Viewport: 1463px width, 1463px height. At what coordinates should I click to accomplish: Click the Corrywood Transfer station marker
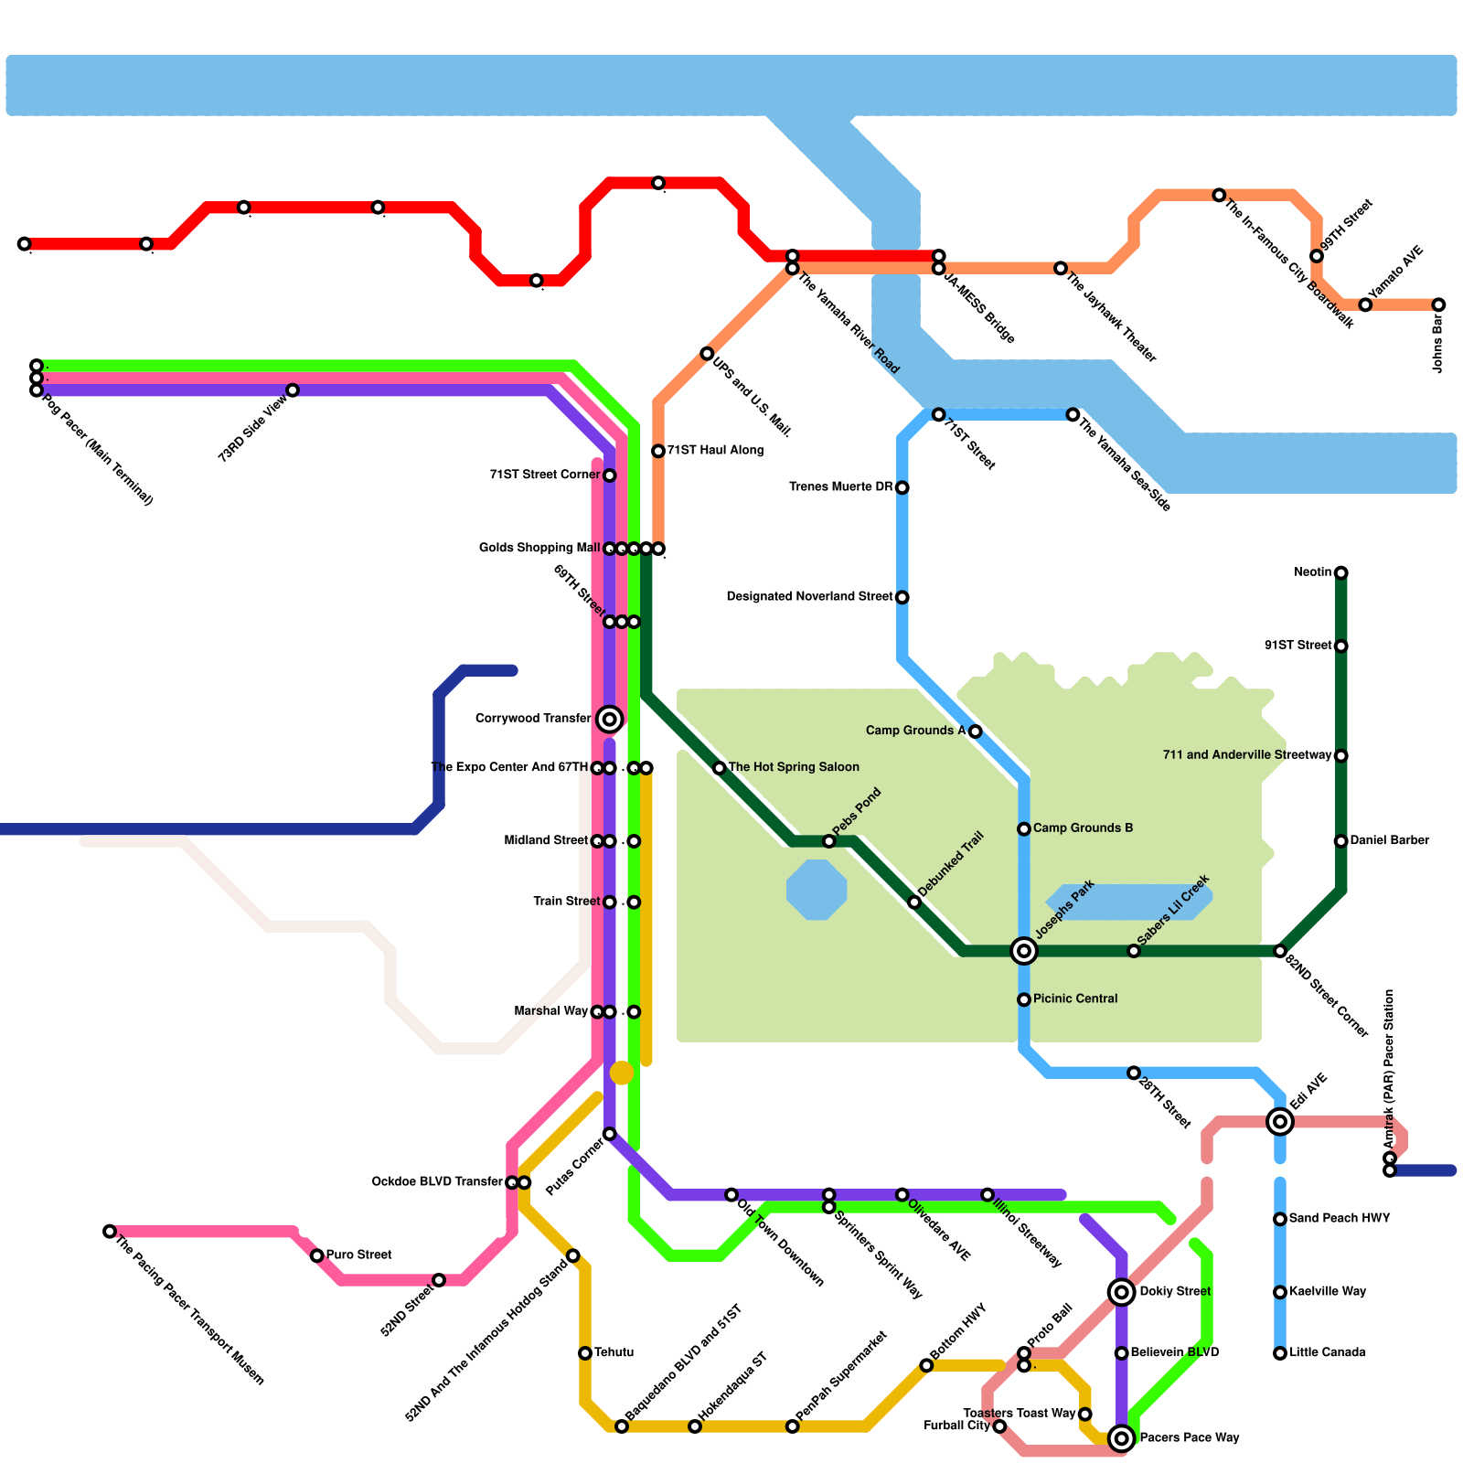point(610,720)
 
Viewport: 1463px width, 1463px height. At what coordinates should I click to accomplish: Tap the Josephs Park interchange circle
point(1024,951)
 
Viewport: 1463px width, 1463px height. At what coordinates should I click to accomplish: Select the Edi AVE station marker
point(1280,1121)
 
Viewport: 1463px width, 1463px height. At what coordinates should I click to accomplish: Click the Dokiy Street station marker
point(1121,1292)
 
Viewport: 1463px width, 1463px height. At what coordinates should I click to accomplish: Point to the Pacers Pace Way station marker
point(1121,1438)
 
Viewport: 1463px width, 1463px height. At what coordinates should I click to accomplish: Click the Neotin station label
point(1313,572)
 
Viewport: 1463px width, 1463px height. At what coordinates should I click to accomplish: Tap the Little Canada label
point(1327,1352)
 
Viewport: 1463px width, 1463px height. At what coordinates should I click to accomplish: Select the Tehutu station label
point(614,1352)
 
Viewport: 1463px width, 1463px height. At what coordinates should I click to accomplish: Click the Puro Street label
point(358,1255)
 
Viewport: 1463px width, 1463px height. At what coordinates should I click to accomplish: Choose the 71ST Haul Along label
point(714,450)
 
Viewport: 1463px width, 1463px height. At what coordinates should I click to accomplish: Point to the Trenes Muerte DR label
point(840,486)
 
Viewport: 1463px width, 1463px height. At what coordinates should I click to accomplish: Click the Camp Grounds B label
point(1083,828)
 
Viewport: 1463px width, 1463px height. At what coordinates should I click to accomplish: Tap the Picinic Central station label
point(1075,998)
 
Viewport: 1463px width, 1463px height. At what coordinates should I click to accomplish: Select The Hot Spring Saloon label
point(794,767)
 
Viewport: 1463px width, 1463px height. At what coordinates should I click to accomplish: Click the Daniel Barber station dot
point(1340,841)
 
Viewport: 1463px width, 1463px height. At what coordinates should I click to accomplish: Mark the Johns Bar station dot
point(1438,304)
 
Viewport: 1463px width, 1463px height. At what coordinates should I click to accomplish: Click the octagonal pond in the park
point(817,890)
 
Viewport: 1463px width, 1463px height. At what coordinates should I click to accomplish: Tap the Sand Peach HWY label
point(1340,1218)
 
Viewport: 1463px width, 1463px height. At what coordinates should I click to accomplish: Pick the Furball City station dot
point(999,1426)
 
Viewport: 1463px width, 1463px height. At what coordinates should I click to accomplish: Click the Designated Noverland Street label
point(809,596)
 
